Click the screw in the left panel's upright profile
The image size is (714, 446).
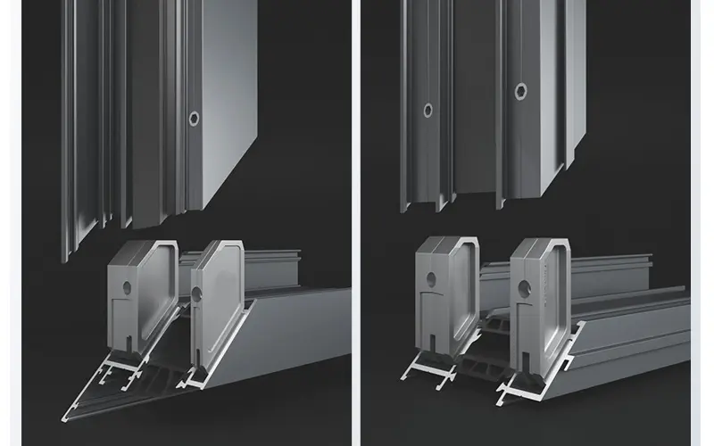coord(194,117)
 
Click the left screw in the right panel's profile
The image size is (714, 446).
coord(428,111)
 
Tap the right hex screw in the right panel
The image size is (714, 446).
coord(520,90)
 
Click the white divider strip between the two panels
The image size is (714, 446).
coord(357,223)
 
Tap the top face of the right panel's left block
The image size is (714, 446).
coord(446,242)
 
